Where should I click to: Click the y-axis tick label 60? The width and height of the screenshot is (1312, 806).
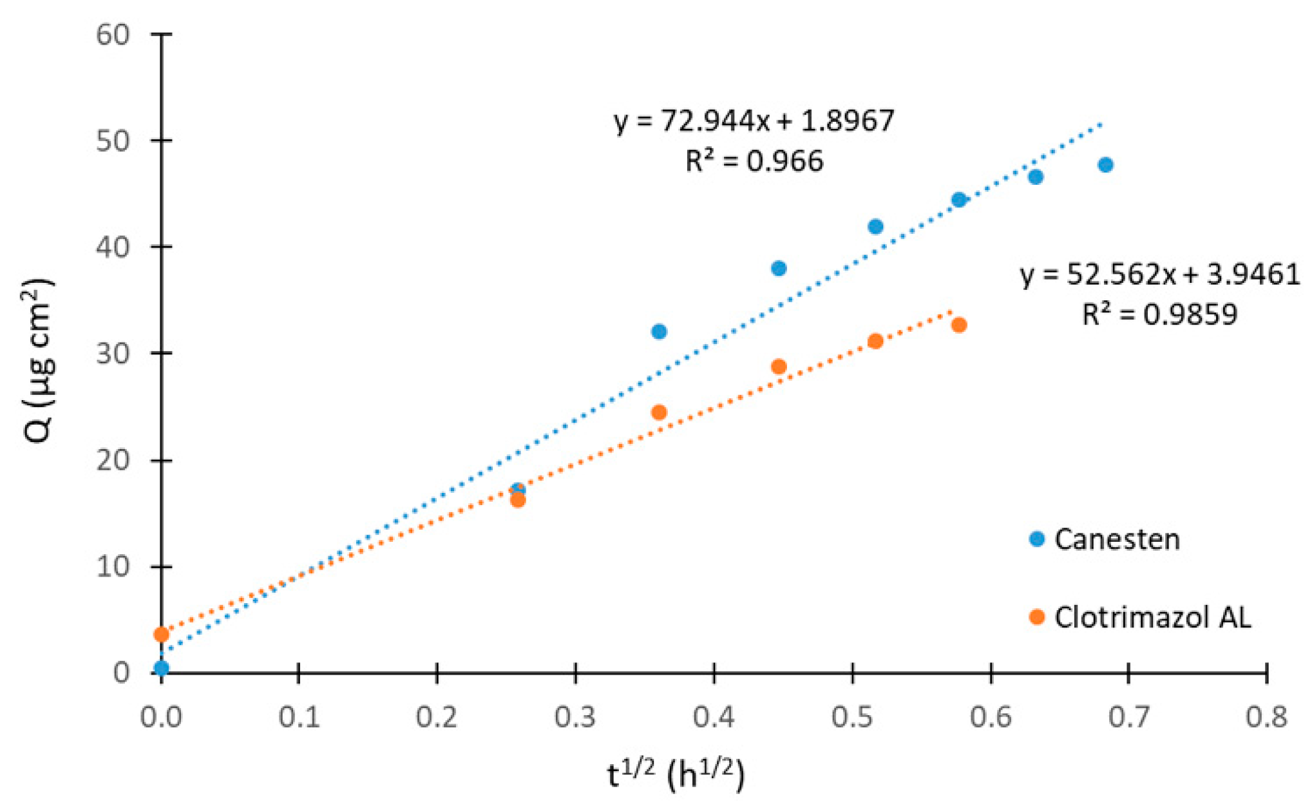tap(113, 34)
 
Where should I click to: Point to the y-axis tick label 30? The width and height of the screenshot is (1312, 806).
tap(113, 354)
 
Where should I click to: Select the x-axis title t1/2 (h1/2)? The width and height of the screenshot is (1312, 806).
tap(676, 774)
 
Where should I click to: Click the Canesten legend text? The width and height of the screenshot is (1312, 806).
tap(1117, 539)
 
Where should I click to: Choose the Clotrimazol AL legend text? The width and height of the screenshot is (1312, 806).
tap(1152, 617)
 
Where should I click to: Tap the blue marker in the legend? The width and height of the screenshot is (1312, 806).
tap(1037, 539)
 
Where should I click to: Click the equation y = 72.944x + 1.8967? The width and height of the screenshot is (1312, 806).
tap(754, 120)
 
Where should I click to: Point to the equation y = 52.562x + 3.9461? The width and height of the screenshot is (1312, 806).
tap(1160, 274)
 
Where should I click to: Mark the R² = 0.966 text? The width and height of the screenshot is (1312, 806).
tap(754, 161)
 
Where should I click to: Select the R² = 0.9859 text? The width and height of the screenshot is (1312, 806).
tap(1160, 314)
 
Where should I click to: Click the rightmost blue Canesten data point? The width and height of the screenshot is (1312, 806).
tap(1106, 165)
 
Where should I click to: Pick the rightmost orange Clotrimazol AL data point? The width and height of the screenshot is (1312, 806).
tap(959, 325)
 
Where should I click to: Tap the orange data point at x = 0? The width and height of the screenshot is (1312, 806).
tap(161, 635)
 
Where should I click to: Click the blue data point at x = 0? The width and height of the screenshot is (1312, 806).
tap(161, 667)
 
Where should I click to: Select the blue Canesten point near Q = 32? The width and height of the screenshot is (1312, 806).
tap(659, 332)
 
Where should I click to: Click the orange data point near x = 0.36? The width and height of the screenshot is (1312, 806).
tap(659, 412)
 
